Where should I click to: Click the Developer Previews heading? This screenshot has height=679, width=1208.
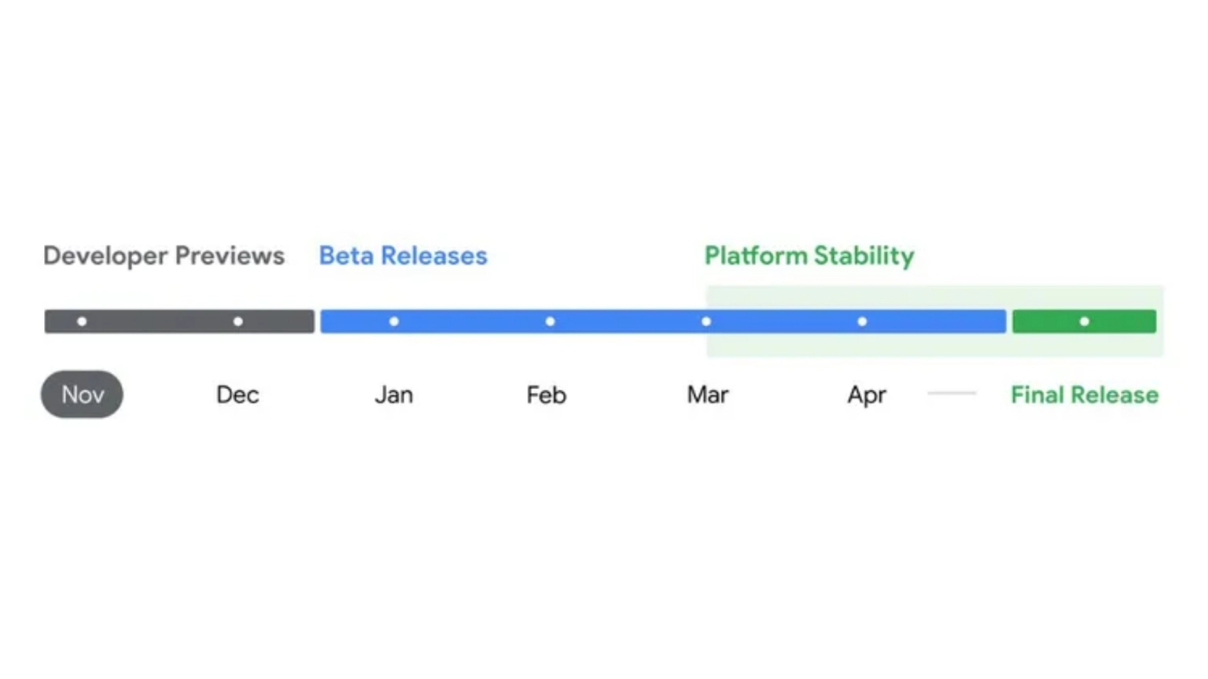click(x=164, y=256)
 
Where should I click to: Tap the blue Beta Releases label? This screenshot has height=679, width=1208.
click(x=403, y=255)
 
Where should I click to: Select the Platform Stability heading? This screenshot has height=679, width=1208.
click(x=809, y=256)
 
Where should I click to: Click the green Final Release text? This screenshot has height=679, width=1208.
click(x=1085, y=395)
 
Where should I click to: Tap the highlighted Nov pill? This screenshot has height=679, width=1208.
click(x=82, y=395)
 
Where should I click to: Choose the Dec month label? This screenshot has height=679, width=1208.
click(x=238, y=395)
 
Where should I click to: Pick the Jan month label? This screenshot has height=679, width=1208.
click(x=394, y=395)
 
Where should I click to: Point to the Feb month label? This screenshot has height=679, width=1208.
click(x=547, y=395)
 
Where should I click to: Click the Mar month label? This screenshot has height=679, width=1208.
click(x=708, y=395)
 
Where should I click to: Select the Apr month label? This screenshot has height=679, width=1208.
click(x=867, y=396)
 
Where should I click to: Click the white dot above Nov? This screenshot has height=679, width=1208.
click(x=82, y=321)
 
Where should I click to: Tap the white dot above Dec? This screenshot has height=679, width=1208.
click(x=238, y=321)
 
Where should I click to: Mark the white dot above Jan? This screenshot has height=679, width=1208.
click(x=394, y=321)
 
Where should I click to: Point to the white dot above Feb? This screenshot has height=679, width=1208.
click(x=550, y=321)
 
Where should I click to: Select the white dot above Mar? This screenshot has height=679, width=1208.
click(x=706, y=321)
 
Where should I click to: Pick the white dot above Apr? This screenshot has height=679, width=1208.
click(x=862, y=321)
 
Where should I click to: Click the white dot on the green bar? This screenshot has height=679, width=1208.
click(x=1085, y=321)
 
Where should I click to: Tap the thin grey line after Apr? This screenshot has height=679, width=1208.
click(x=952, y=394)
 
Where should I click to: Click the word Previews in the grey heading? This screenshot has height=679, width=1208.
click(x=230, y=255)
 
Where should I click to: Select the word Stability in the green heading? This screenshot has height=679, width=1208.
click(x=864, y=256)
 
